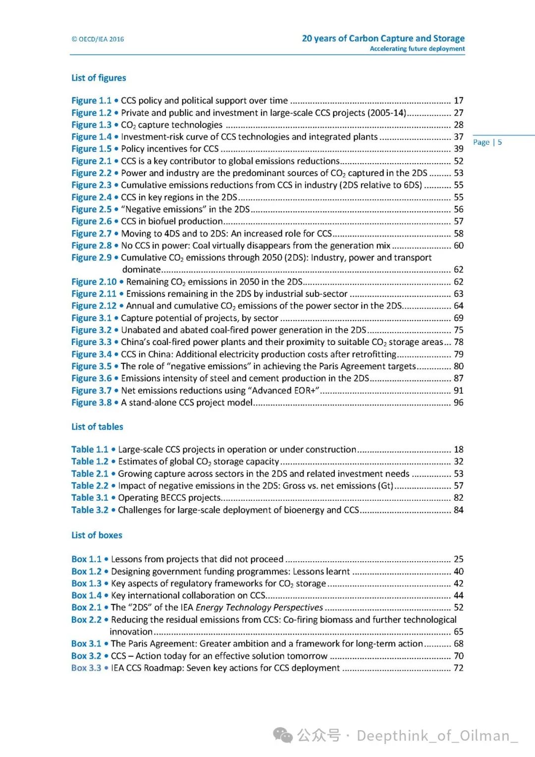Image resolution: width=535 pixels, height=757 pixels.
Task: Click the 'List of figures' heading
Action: click(99, 78)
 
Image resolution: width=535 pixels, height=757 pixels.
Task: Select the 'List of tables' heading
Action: click(97, 427)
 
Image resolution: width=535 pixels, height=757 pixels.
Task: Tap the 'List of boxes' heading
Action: click(97, 535)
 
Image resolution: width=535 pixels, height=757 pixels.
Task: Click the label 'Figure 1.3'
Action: click(91, 125)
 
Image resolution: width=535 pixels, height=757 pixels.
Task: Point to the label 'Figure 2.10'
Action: click(94, 282)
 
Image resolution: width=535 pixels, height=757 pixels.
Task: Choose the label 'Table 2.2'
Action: click(90, 486)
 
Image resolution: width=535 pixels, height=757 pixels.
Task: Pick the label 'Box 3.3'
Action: click(86, 668)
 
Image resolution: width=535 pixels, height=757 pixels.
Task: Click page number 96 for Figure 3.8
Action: click(459, 403)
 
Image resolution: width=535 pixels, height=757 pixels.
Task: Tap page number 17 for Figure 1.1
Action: click(459, 101)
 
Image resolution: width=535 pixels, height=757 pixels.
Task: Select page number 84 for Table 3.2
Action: click(459, 510)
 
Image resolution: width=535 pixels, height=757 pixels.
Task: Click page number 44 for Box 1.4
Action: click(459, 595)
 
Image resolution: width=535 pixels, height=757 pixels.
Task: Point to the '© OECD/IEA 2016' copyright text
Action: click(98, 39)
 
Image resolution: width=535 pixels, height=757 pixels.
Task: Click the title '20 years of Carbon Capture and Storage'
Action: click(383, 38)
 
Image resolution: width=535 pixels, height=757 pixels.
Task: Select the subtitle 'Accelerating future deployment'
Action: click(417, 49)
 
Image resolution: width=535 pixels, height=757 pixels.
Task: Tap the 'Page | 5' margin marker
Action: click(487, 142)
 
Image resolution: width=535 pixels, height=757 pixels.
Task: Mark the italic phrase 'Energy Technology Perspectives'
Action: click(259, 608)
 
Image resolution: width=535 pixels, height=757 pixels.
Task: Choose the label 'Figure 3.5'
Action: click(91, 366)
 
